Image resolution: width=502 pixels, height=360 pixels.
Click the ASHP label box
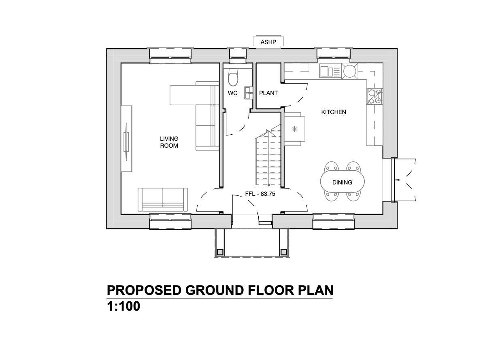tap(268, 42)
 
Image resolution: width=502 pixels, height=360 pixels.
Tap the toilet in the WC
tap(233, 77)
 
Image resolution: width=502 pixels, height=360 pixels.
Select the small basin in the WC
tap(249, 93)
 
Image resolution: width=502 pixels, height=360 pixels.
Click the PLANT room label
tap(268, 93)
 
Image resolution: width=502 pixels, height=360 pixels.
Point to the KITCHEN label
tap(334, 112)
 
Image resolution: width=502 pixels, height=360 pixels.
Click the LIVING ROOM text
tap(169, 142)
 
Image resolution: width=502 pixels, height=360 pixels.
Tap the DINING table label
tap(342, 182)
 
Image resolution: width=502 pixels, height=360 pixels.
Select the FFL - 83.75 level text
tap(260, 194)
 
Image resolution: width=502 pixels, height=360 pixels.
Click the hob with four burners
tap(374, 96)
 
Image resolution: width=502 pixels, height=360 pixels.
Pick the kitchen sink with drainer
tap(330, 71)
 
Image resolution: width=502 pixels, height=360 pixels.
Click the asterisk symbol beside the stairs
tap(294, 129)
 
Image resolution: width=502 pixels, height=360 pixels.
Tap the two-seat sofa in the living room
tap(163, 199)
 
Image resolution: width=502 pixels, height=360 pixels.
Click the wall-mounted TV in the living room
tap(127, 142)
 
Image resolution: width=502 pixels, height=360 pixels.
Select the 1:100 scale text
tap(123, 306)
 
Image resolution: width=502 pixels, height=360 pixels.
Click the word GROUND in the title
tap(215, 290)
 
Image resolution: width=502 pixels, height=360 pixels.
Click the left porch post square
tap(220, 252)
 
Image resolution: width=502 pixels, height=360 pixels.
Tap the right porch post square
tap(283, 252)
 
